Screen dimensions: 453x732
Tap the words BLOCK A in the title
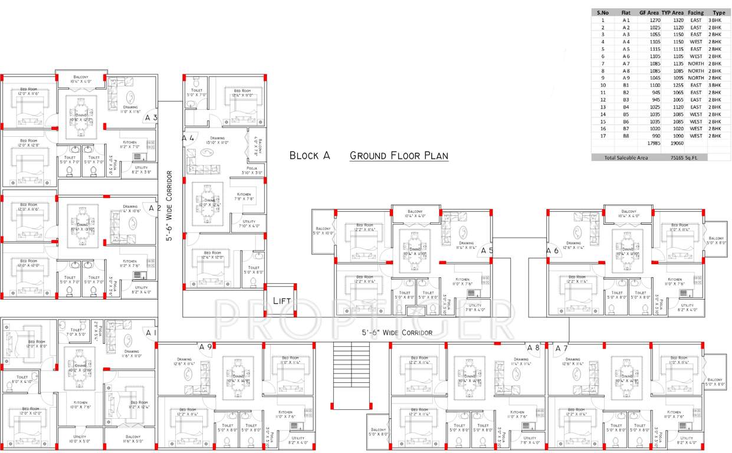click(309, 156)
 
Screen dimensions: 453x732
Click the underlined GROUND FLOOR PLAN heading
click(399, 156)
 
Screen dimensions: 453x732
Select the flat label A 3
click(151, 118)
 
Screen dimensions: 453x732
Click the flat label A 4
click(188, 138)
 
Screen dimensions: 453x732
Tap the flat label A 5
click(487, 251)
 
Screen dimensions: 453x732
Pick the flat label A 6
click(552, 251)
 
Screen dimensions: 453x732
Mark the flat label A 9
click(205, 347)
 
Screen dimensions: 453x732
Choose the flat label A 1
click(151, 333)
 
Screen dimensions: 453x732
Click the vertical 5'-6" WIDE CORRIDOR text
click(169, 206)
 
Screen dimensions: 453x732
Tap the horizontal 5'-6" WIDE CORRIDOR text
click(397, 333)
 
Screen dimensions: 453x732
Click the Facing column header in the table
click(696, 12)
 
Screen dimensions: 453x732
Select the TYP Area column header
click(672, 12)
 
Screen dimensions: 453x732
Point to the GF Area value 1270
click(653, 20)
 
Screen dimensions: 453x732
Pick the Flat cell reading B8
click(626, 136)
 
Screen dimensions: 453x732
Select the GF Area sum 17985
click(652, 143)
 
